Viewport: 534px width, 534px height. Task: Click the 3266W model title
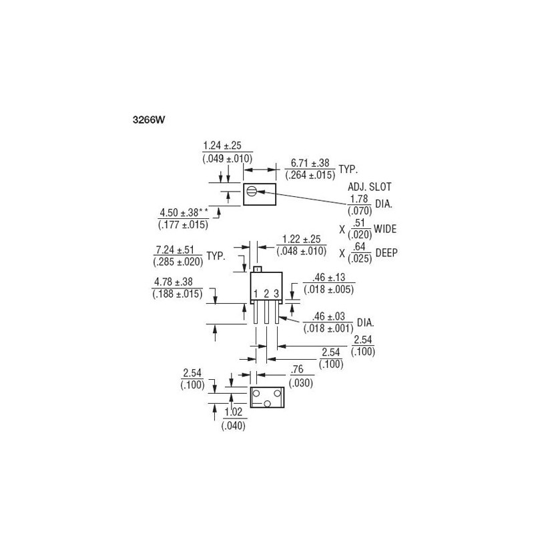click(149, 120)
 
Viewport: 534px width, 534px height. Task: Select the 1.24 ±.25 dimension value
click(222, 146)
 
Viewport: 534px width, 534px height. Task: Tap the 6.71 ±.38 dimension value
click(310, 163)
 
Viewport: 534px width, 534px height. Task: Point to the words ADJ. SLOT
click(370, 187)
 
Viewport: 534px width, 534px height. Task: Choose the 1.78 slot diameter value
click(359, 198)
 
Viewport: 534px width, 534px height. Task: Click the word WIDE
click(385, 229)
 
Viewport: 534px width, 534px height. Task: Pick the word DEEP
click(386, 253)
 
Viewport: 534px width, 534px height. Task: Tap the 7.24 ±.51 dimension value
click(175, 250)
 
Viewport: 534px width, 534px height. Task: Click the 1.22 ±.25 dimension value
click(302, 239)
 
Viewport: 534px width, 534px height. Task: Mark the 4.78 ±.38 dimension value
click(174, 282)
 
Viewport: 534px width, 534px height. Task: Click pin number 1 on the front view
click(256, 294)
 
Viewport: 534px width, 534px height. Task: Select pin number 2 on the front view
click(266, 294)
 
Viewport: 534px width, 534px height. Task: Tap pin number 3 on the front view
click(276, 294)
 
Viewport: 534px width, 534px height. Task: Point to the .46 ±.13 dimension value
click(328, 278)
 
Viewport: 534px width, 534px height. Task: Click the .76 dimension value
click(297, 370)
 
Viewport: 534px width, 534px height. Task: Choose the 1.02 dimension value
click(233, 413)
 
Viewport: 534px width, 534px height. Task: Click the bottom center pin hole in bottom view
click(268, 404)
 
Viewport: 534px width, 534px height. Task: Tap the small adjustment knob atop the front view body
click(257, 269)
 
